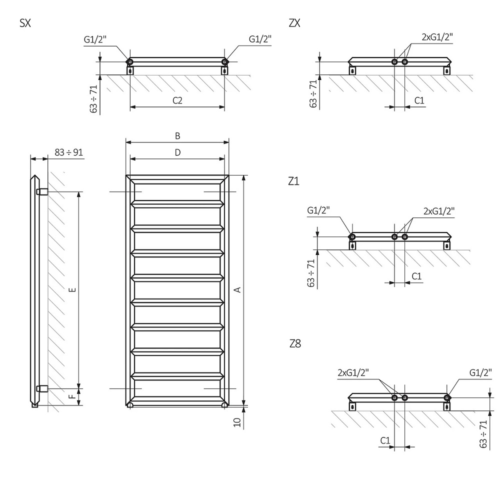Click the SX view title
point(25,23)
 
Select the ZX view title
point(294,23)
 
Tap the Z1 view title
point(293,181)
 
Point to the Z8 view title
point(295,344)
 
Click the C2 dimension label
point(177,100)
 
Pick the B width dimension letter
point(177,135)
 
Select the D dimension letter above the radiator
point(177,152)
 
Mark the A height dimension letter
point(238,289)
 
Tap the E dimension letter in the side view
point(73,289)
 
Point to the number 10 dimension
point(238,422)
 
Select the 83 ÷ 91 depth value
point(67,152)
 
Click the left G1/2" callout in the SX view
point(95,39)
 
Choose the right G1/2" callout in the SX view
point(260,39)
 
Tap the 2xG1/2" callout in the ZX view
point(437,37)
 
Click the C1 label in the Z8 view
point(385,440)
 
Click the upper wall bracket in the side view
point(42,191)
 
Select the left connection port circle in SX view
point(130,62)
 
